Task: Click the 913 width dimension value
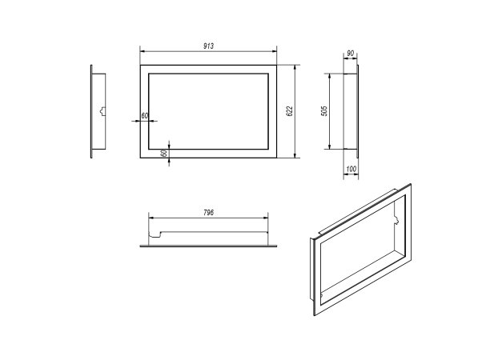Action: (x=208, y=46)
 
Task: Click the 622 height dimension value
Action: (x=290, y=110)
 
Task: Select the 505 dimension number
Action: (x=324, y=111)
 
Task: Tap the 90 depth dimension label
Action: (x=351, y=53)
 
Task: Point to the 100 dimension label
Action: (x=351, y=169)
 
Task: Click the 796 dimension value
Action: (x=208, y=213)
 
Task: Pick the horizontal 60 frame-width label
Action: (x=145, y=116)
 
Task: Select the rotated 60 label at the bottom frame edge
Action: (x=164, y=154)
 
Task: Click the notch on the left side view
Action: (x=102, y=111)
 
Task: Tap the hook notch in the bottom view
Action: (x=155, y=234)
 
